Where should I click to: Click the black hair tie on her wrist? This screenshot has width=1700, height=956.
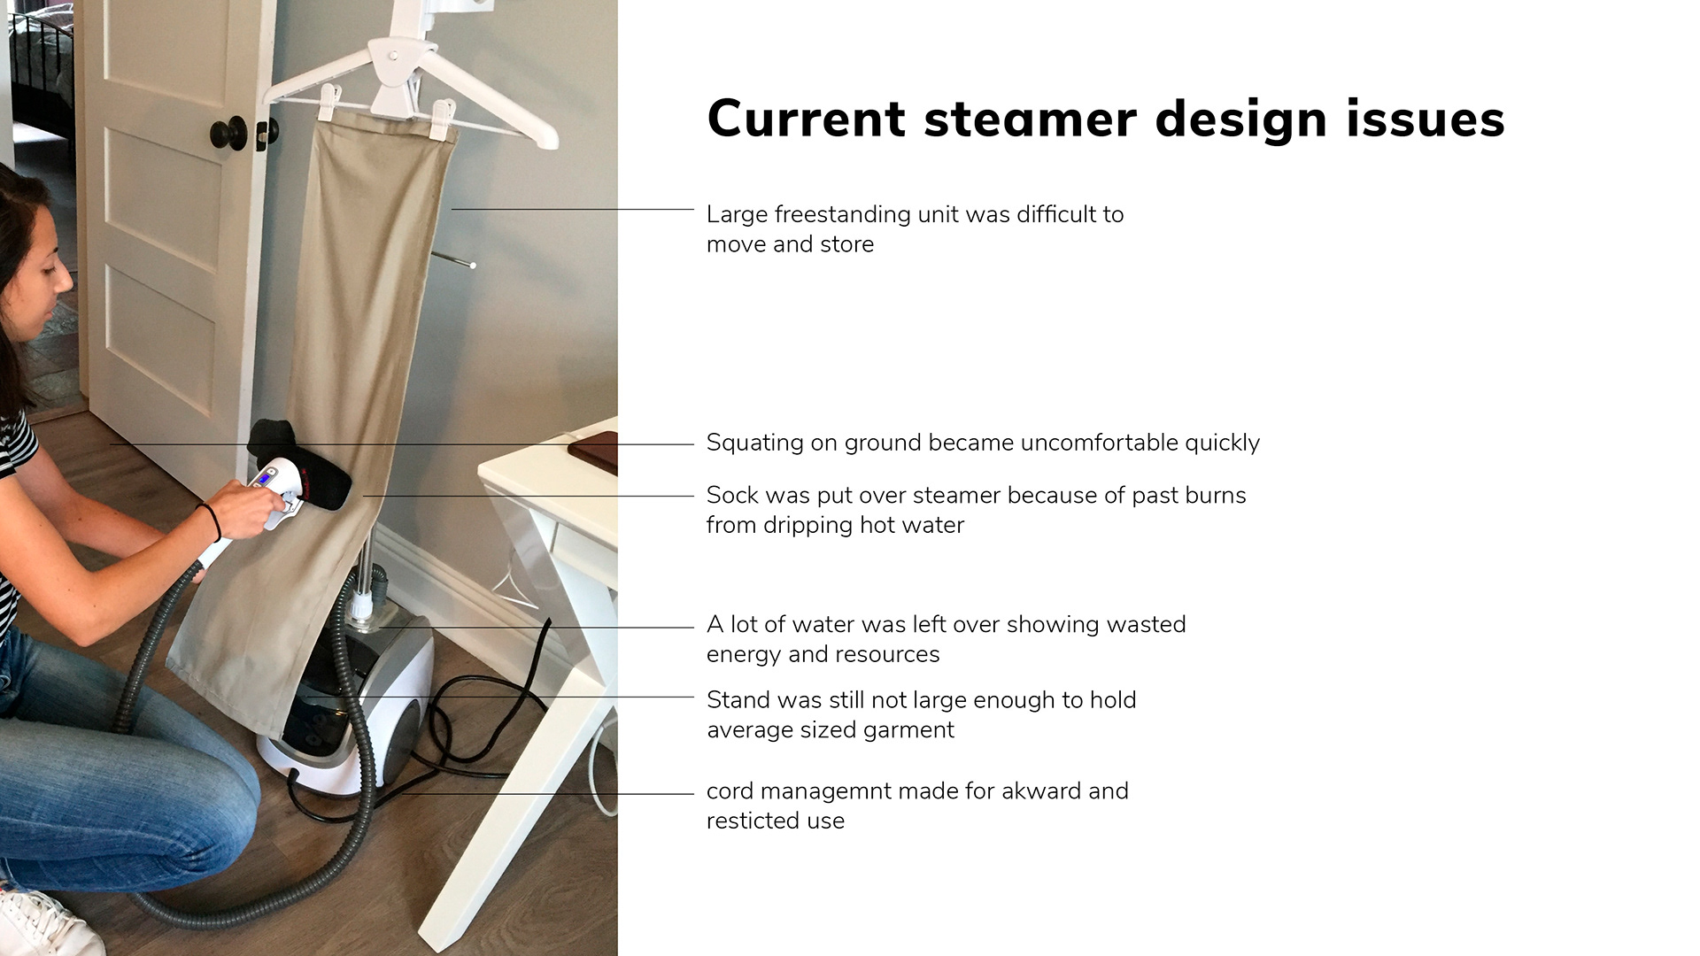coord(212,521)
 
